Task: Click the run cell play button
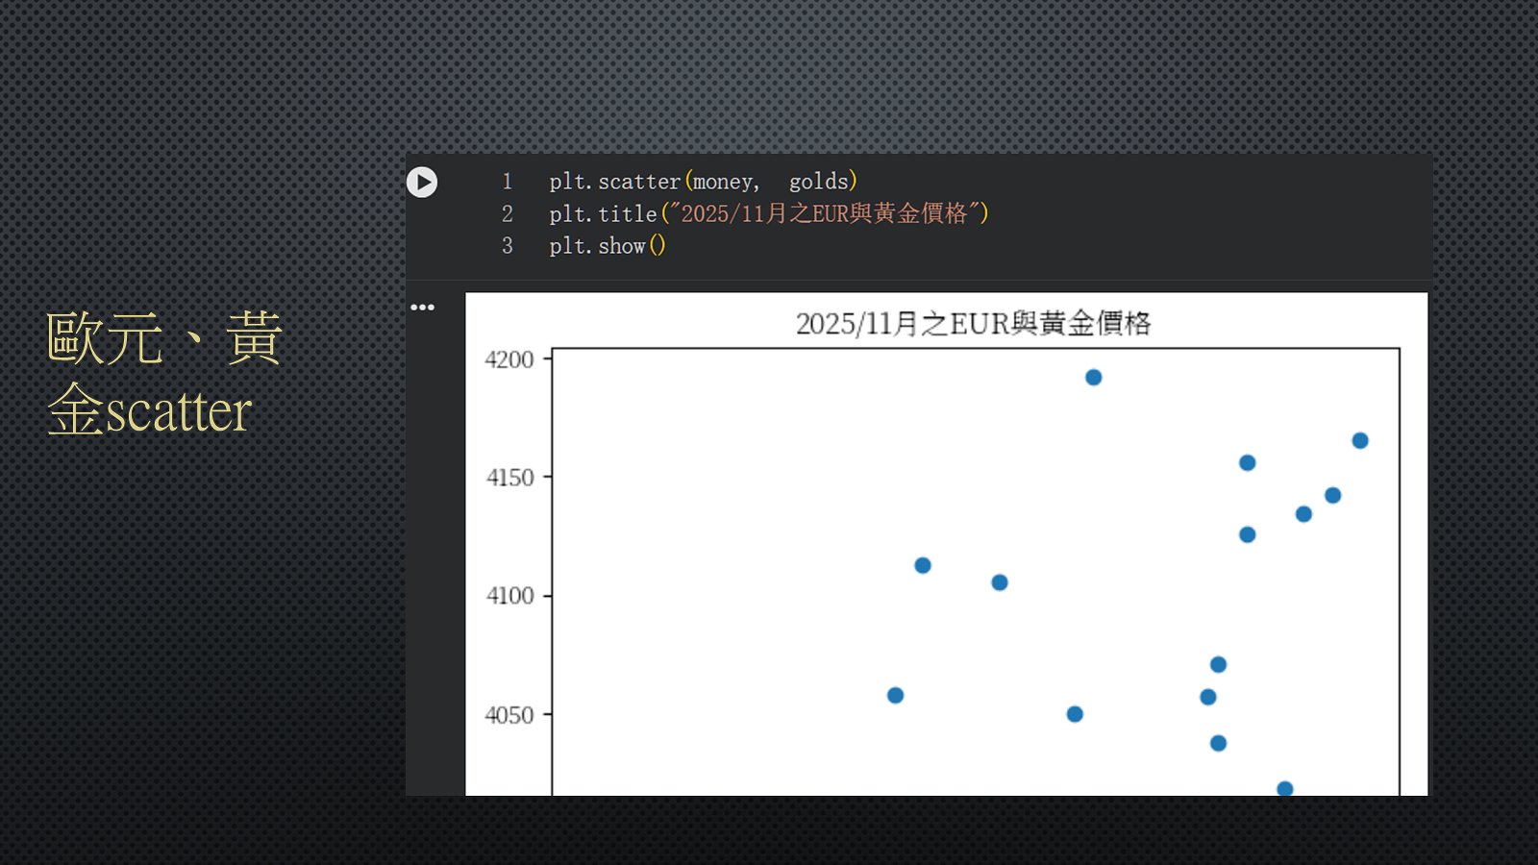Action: [422, 182]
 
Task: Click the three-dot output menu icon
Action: [422, 307]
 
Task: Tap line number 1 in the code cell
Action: [508, 182]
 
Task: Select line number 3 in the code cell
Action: [508, 246]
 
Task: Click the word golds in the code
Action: [818, 182]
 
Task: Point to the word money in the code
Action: [722, 183]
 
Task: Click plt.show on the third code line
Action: [597, 246]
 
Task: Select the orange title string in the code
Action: [825, 213]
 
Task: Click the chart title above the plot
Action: [973, 324]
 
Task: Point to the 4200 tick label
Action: [509, 359]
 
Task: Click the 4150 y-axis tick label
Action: [509, 478]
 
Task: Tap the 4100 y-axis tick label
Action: [509, 596]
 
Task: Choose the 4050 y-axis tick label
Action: [509, 715]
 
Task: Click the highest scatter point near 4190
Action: [1094, 378]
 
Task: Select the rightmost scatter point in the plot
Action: [1360, 441]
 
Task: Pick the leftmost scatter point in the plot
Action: [895, 696]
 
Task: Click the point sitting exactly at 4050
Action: [1076, 715]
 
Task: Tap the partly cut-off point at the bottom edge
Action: [1284, 789]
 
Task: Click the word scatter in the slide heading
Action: [180, 412]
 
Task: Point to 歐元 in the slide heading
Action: [105, 337]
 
